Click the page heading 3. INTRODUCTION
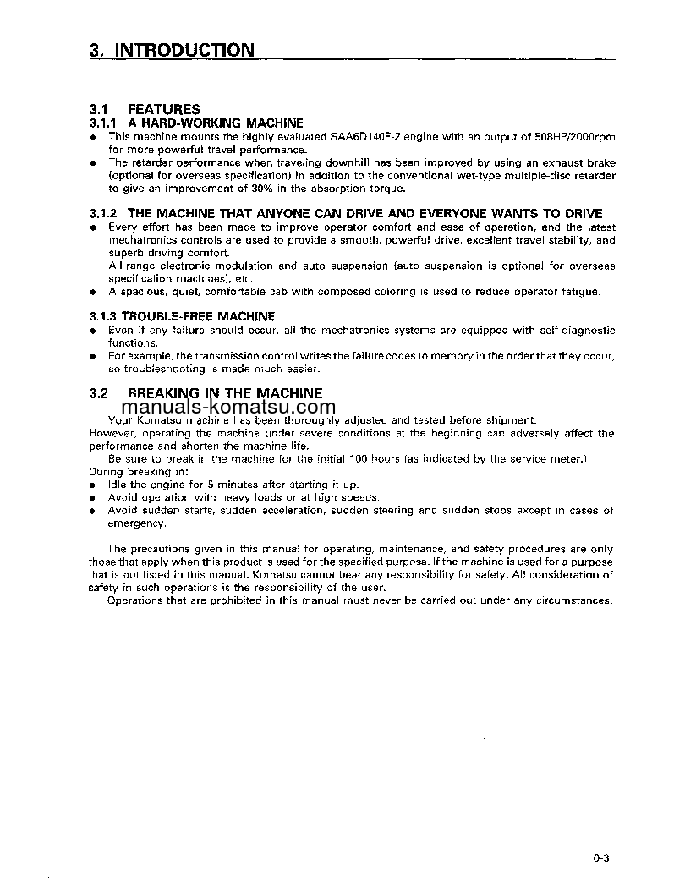coord(171,50)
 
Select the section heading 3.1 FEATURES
coord(145,109)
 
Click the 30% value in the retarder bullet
coord(239,188)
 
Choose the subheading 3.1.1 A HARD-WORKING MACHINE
coord(195,123)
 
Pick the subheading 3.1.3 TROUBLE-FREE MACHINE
coord(182,316)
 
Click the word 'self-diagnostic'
coord(575,330)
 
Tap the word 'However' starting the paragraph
coord(109,433)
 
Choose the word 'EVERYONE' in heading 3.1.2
coord(454,214)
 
